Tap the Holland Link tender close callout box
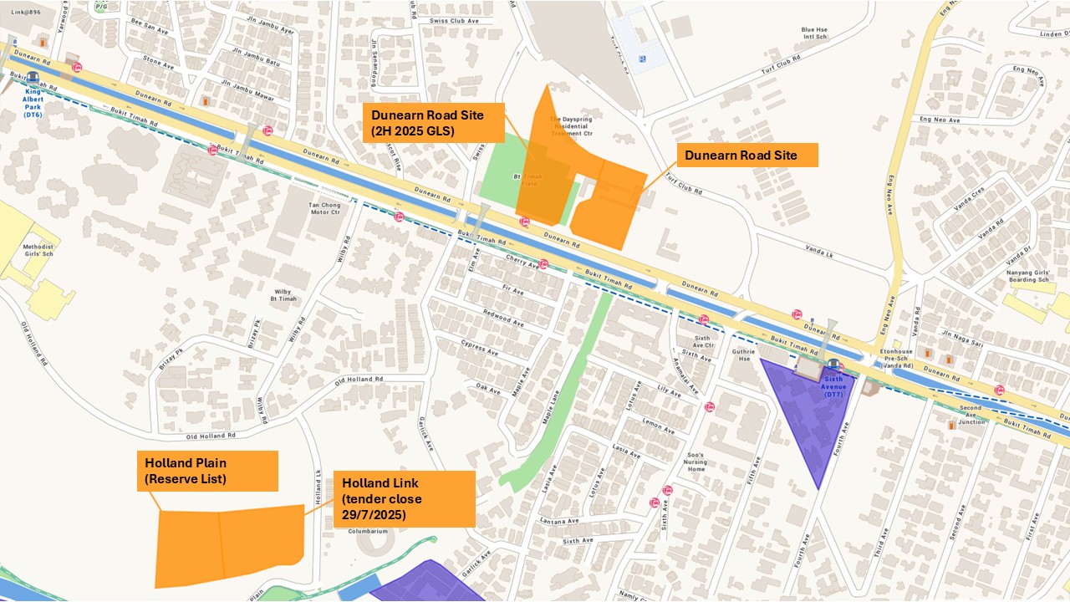[404, 498]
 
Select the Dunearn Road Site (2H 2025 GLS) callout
[433, 123]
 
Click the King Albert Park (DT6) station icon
[33, 79]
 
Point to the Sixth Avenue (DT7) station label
[834, 386]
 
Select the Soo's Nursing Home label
[695, 462]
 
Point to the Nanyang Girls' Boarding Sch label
[1028, 275]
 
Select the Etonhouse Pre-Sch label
[896, 358]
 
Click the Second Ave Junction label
[971, 415]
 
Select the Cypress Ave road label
[480, 348]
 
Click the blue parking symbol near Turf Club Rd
[642, 59]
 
